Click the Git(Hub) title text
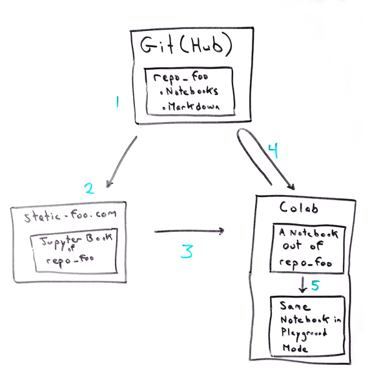click(x=186, y=45)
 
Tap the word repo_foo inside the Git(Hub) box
click(x=181, y=77)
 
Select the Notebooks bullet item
click(x=189, y=91)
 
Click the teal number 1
click(x=118, y=102)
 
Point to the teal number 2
click(x=89, y=188)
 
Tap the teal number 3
click(x=187, y=251)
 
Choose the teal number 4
click(x=273, y=150)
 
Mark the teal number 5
click(x=315, y=285)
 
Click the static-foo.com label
click(x=70, y=216)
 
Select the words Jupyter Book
click(x=76, y=241)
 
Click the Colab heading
click(x=298, y=208)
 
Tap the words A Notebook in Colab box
click(x=308, y=233)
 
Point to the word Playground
click(x=304, y=334)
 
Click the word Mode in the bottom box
click(x=295, y=349)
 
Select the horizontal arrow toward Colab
click(x=189, y=231)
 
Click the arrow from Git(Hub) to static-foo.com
click(x=121, y=161)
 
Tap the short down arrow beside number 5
click(x=303, y=285)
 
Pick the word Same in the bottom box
click(x=295, y=306)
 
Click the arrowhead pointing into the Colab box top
click(x=291, y=187)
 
